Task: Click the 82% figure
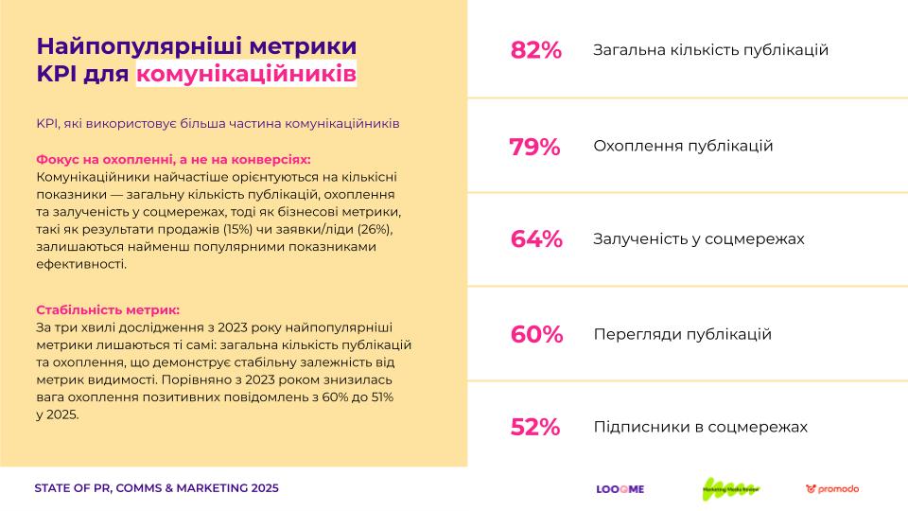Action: point(535,50)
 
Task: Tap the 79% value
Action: point(534,147)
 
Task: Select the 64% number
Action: point(535,239)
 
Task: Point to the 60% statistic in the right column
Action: point(536,335)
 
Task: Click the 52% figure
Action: point(535,428)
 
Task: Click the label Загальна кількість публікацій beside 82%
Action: point(710,50)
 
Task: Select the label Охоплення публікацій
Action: point(683,147)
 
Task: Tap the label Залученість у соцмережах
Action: point(698,239)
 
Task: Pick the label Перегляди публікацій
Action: point(682,335)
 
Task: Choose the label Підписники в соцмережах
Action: point(700,428)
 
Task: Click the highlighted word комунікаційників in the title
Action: point(247,74)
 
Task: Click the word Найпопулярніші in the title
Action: point(135,45)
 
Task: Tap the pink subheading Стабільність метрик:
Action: point(107,309)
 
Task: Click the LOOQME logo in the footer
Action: point(620,489)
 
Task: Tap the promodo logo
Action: point(832,489)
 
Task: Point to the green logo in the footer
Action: point(730,488)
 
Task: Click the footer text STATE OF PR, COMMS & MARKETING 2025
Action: point(156,488)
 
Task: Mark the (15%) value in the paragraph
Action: point(238,229)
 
